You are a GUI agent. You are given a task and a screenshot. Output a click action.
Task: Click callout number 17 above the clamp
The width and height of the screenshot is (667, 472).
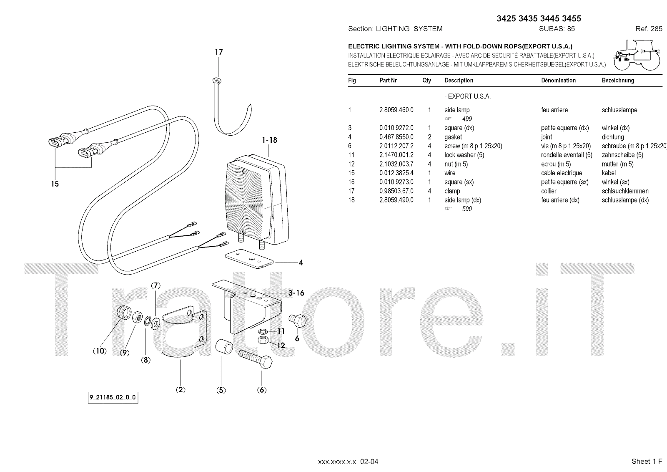tap(219, 52)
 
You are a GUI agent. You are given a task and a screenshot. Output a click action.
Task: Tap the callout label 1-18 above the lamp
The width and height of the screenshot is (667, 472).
tap(270, 140)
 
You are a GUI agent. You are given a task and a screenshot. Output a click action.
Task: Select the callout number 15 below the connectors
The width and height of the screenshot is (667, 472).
tap(55, 184)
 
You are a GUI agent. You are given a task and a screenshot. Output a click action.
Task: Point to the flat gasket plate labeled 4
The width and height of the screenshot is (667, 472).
tap(249, 258)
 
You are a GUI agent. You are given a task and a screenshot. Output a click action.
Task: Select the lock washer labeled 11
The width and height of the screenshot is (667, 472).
tap(263, 332)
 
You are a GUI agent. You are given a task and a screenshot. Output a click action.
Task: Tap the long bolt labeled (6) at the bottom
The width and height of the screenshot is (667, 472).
tap(256, 360)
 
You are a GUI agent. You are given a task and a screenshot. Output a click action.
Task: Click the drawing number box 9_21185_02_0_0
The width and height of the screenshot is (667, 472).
tap(113, 398)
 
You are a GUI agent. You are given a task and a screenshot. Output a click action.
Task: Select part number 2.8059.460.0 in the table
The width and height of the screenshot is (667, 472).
tap(396, 110)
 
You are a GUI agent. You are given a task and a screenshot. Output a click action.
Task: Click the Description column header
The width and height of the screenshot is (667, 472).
tap(459, 81)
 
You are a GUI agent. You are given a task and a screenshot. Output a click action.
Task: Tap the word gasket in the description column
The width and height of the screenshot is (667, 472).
tap(453, 137)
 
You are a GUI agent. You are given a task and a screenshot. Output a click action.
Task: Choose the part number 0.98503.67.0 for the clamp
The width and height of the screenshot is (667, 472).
tap(396, 191)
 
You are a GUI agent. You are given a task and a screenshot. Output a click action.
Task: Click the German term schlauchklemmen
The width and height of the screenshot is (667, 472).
tap(625, 191)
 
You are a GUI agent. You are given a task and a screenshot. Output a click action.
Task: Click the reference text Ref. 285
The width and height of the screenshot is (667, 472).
tap(649, 29)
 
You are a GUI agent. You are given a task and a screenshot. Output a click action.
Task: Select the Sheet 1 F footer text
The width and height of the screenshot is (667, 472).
tap(647, 461)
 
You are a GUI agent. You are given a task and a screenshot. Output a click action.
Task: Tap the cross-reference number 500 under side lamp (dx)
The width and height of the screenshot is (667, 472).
tap(467, 209)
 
